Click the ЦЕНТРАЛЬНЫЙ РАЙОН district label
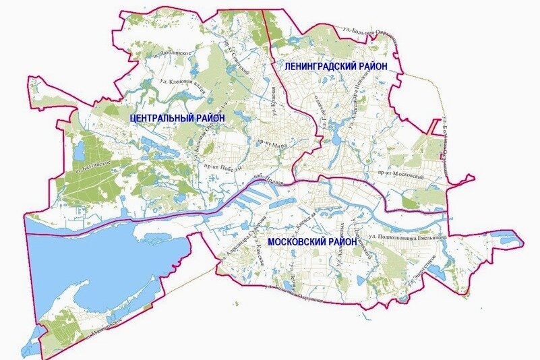[177, 117]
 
